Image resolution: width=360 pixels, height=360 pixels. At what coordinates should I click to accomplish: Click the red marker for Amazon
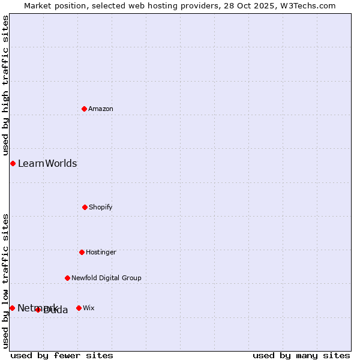84,109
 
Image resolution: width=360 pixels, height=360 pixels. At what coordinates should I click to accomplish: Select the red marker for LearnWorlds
13,163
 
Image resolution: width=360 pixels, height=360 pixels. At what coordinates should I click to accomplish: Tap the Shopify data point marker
85,207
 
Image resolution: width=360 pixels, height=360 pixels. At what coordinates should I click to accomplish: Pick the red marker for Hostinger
82,252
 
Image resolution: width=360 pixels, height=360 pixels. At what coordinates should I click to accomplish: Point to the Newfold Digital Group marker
67,278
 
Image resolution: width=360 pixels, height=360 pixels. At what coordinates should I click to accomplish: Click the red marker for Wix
79,308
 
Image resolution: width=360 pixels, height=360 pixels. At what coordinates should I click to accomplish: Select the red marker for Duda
38,310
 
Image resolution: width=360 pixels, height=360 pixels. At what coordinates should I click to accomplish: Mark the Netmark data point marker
12,308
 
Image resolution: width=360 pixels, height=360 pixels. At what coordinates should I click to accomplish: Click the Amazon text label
101,109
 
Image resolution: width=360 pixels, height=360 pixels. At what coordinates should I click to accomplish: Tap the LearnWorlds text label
47,163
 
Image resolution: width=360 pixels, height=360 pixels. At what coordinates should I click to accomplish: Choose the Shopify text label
101,207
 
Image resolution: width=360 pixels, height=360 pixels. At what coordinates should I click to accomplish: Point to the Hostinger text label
101,252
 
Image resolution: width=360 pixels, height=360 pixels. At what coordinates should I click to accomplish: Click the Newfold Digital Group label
106,278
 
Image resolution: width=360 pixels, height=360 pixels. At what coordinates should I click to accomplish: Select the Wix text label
89,308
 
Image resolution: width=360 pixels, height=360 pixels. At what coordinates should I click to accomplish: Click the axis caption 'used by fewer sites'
62,355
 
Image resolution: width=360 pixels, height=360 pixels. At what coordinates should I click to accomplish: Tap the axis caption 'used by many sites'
301,355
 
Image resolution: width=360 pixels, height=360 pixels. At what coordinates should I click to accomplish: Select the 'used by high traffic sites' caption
5,86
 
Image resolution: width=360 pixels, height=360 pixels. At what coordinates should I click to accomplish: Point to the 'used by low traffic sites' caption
5,281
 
